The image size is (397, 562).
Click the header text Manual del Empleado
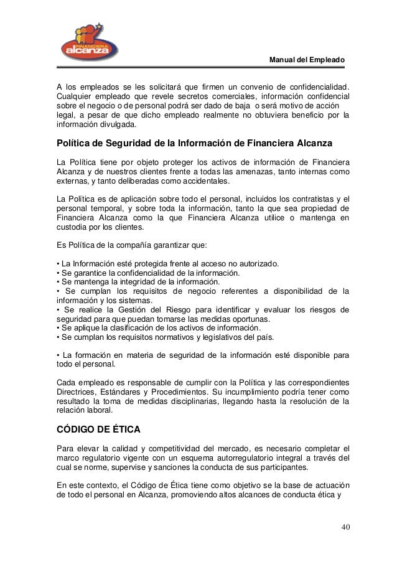click(x=306, y=60)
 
